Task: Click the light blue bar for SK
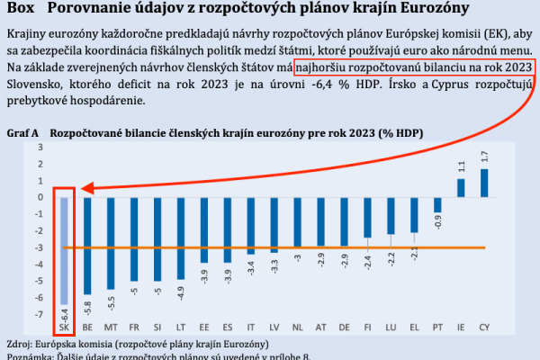[x=64, y=251]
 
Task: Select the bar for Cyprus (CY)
[x=485, y=183]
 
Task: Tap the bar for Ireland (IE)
[x=461, y=187]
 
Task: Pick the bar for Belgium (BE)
[x=87, y=245]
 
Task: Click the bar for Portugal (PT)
[x=437, y=204]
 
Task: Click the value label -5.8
[x=87, y=308]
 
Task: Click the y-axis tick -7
[x=39, y=314]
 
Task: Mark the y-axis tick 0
[x=40, y=197]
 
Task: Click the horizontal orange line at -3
[x=270, y=247]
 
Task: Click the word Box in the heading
[x=18, y=9]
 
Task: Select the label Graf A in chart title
[x=22, y=132]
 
